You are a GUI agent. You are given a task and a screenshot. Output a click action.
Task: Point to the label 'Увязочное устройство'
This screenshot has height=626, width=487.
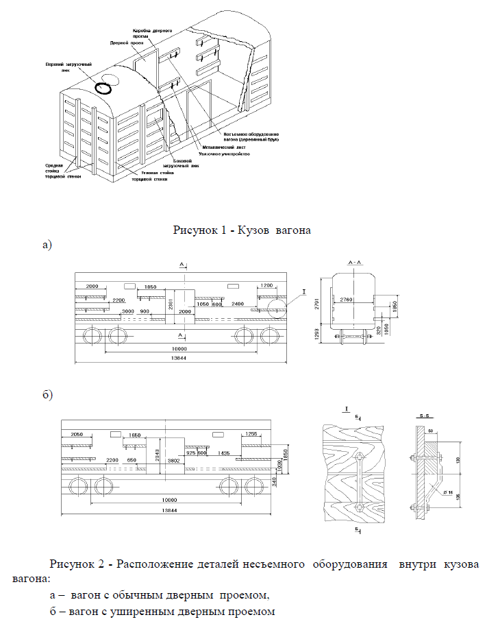coord(226,154)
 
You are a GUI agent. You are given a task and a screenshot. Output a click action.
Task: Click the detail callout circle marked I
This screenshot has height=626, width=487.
coord(280,309)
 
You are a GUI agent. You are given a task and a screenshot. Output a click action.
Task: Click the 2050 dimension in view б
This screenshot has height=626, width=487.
coord(75,435)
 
